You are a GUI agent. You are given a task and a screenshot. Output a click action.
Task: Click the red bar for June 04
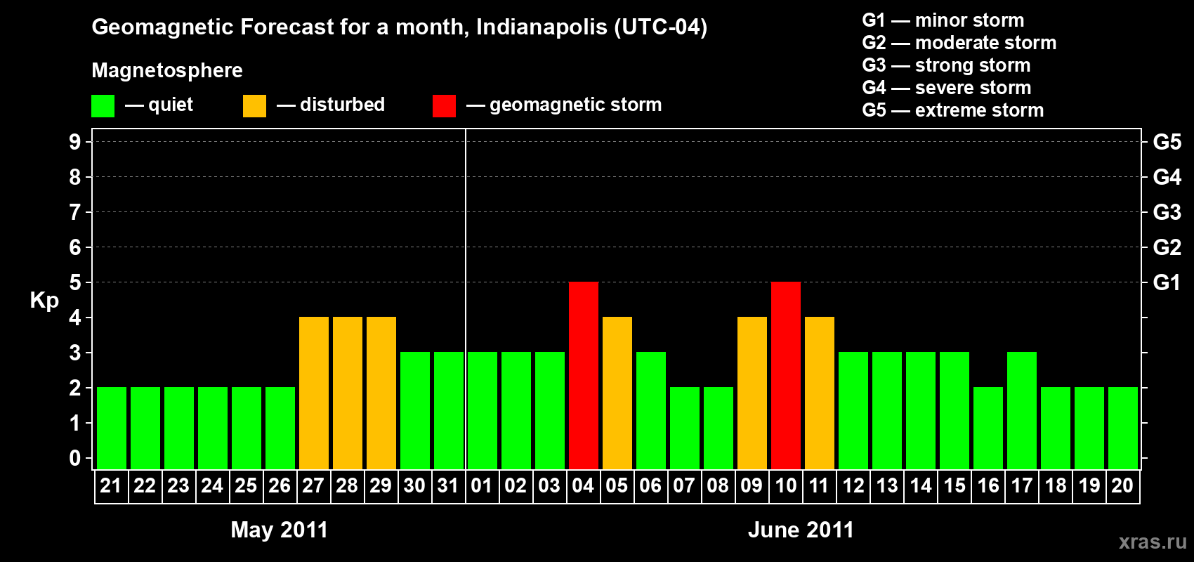point(584,375)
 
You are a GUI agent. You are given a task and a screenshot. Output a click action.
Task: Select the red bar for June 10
point(786,375)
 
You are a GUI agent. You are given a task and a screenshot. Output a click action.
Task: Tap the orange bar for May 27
point(314,393)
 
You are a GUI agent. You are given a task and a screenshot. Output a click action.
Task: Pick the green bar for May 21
point(112,428)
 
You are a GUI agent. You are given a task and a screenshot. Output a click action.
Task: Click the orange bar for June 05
point(617,393)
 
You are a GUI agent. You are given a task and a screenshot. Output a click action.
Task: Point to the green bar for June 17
point(1022,410)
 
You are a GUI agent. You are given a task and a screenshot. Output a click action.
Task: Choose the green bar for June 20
point(1123,428)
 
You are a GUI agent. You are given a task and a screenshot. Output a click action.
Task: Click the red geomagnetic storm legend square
point(444,106)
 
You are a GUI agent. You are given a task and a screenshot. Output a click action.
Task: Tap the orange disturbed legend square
point(254,106)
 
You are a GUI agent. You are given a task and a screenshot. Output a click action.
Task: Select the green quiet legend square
point(103,106)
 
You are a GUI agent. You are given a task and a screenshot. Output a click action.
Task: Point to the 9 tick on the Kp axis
point(75,142)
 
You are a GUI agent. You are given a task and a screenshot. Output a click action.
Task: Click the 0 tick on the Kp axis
point(75,459)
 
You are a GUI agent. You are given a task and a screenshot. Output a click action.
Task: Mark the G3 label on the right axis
point(1167,212)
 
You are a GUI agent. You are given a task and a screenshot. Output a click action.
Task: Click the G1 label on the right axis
point(1167,282)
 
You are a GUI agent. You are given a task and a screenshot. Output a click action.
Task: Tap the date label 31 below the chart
point(448,486)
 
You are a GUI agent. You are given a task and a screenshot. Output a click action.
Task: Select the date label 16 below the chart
point(988,486)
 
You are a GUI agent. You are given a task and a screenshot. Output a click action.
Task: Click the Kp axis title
point(44,301)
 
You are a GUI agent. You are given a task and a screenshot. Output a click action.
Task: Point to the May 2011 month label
point(280,530)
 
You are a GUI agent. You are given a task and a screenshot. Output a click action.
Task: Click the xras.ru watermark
point(1153,542)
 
